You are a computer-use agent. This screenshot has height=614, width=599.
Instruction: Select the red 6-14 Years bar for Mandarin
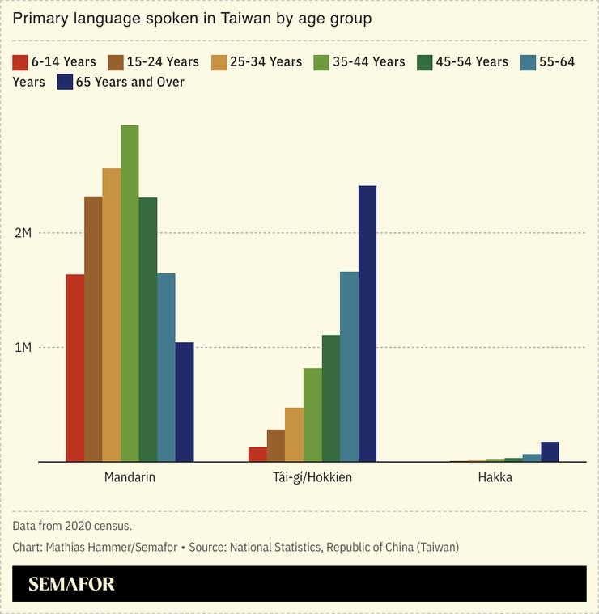(74, 368)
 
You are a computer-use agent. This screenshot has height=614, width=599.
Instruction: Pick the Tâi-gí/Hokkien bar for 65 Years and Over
(367, 324)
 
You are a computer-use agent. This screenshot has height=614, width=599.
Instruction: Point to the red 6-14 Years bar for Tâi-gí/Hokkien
(257, 454)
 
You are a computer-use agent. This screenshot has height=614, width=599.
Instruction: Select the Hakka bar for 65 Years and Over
(550, 451)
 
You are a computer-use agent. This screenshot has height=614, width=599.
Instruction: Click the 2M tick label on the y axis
(22, 233)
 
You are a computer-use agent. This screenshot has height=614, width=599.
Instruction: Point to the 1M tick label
(22, 348)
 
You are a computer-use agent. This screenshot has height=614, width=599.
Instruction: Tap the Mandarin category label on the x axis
(130, 477)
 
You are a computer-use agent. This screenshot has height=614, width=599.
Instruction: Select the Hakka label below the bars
(495, 477)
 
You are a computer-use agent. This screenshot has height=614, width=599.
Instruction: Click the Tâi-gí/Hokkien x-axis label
(312, 477)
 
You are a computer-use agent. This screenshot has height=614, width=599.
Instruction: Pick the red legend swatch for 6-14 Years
(20, 62)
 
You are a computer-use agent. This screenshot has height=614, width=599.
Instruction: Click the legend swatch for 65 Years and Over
(64, 82)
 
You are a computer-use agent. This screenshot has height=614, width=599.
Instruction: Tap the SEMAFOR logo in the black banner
(71, 584)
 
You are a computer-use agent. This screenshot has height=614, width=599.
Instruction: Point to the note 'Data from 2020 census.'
(72, 526)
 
